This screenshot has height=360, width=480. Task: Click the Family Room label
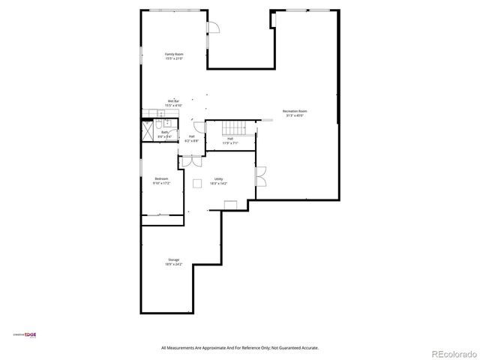174,54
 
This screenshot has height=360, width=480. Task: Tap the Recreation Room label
295,111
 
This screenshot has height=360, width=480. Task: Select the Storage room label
174,259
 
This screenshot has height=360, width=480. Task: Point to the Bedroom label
161,178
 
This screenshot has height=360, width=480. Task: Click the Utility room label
218,178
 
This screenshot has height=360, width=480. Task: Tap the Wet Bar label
173,101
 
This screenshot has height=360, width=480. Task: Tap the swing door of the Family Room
213,28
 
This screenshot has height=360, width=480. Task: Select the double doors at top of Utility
190,160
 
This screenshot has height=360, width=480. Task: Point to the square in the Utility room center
197,182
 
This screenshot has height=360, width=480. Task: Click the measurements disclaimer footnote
240,348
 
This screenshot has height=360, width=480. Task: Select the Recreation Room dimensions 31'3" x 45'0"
295,115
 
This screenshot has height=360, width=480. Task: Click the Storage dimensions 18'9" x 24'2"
174,264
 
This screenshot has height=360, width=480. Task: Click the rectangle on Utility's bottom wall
230,204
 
